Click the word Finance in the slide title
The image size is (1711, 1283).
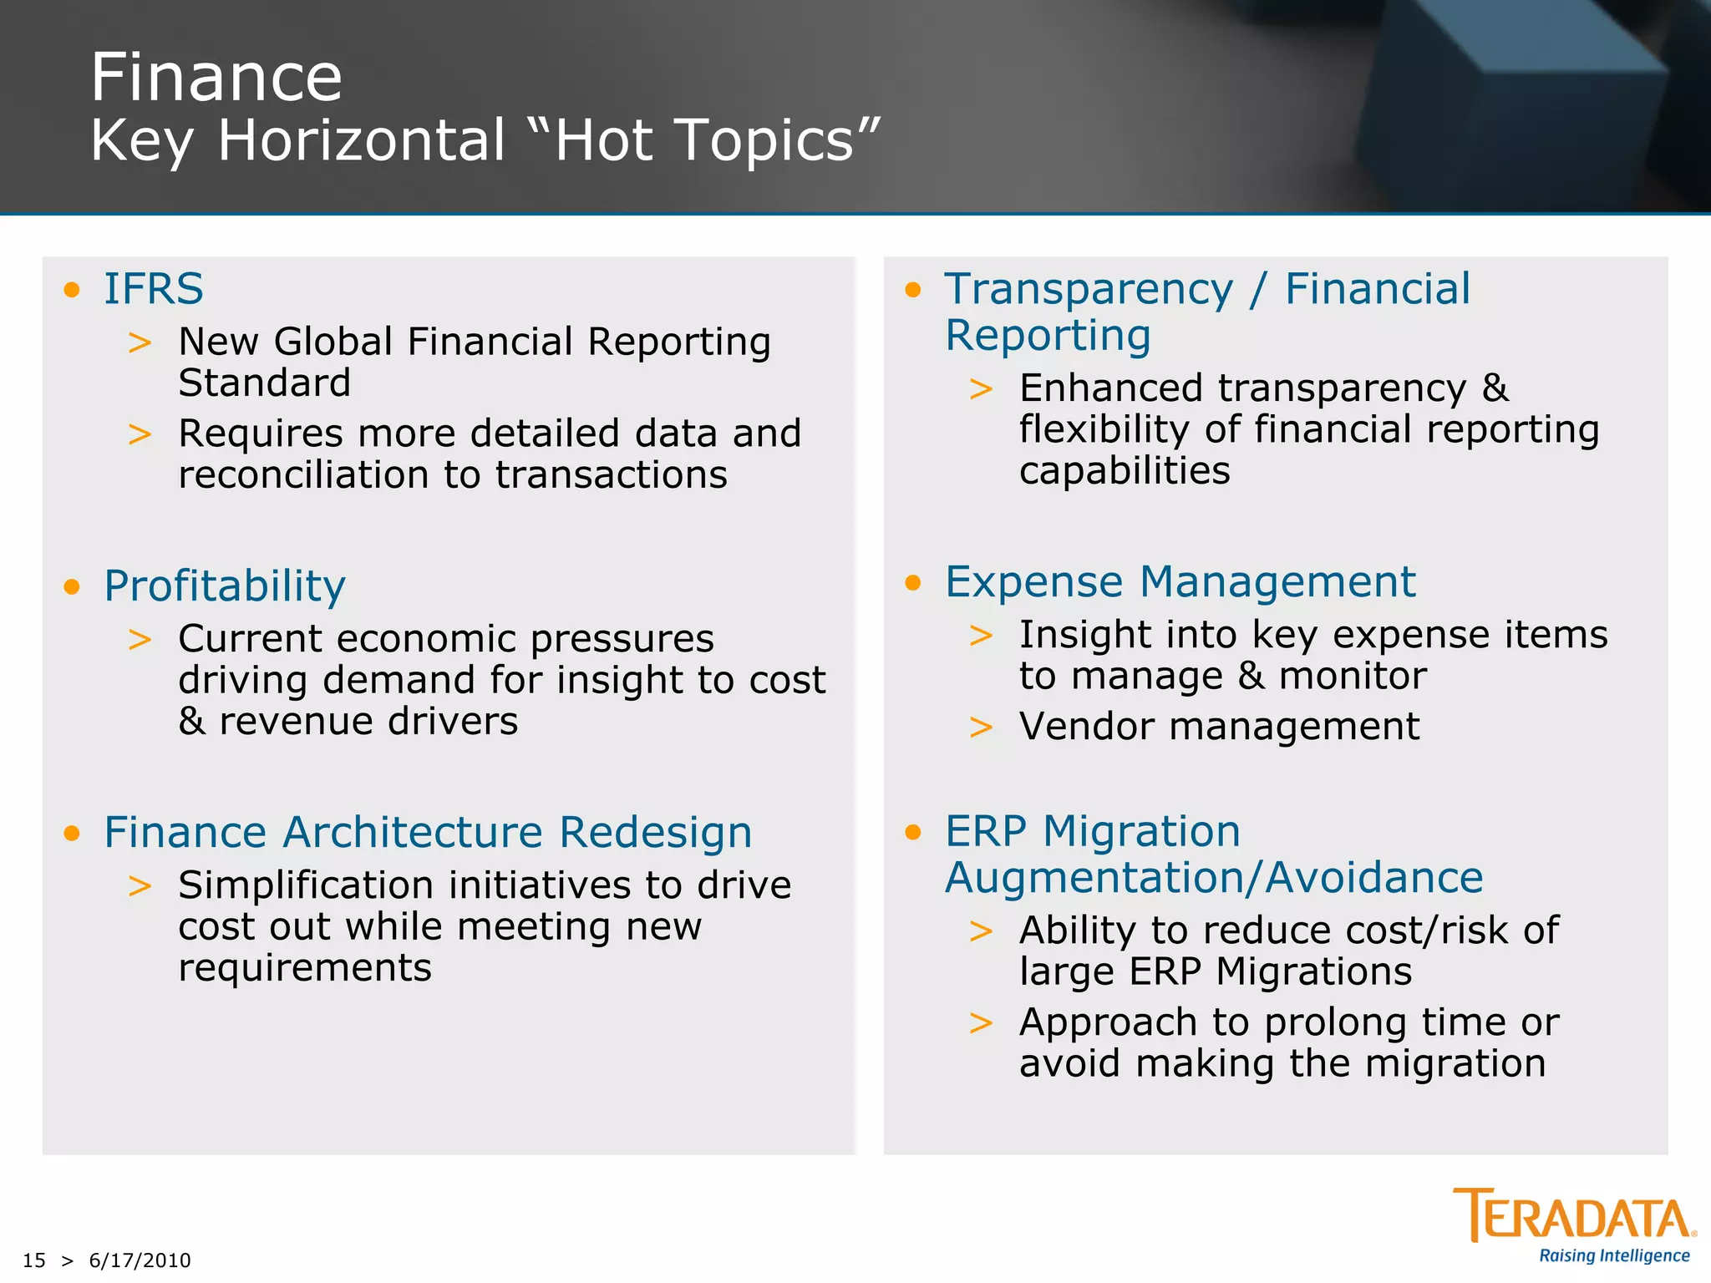[216, 78]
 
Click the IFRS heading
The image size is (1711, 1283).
[154, 289]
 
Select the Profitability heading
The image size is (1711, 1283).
[225, 586]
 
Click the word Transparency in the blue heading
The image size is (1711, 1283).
[1089, 290]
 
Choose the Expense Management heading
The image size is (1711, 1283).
[1180, 581]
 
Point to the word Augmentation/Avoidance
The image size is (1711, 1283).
[1214, 878]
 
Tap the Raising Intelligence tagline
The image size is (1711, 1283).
[1614, 1255]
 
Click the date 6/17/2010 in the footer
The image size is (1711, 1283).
[140, 1260]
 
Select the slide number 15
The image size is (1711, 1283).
[34, 1260]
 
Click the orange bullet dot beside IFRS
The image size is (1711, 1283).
[72, 290]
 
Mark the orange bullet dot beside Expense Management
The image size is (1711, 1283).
[913, 582]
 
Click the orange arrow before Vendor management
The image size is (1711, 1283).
[981, 727]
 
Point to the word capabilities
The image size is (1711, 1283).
[1125, 471]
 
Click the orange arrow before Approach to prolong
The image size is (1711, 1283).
[981, 1022]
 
